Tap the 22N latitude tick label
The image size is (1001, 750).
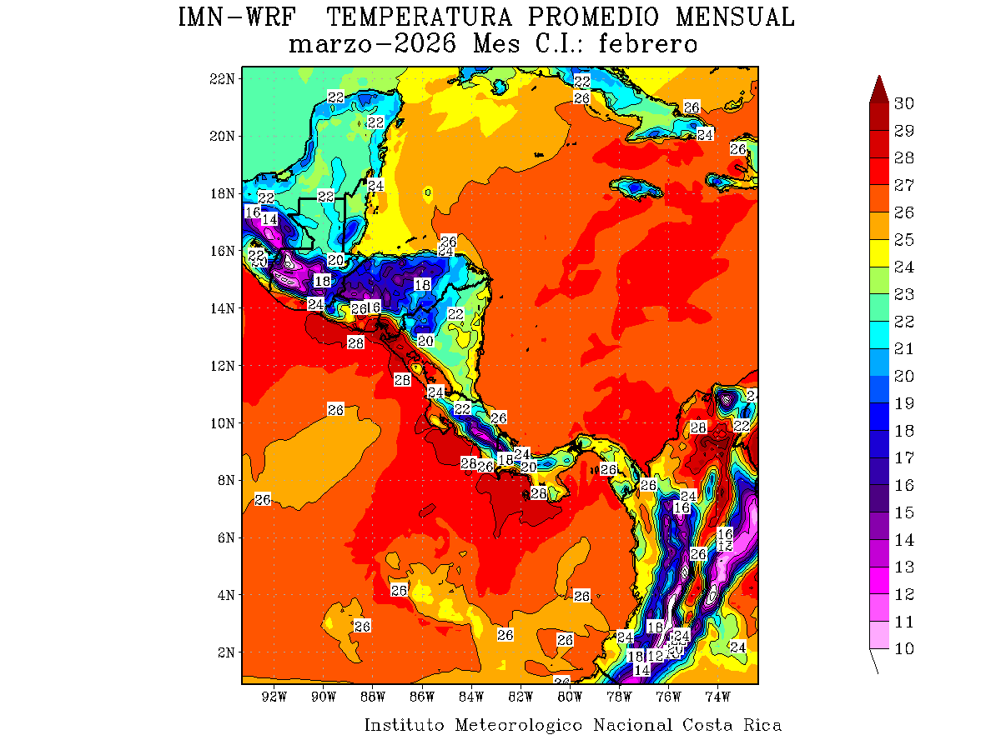[x=222, y=78]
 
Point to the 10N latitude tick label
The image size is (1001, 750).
[x=222, y=422]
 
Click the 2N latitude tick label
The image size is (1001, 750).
[x=225, y=652]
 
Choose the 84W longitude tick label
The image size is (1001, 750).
[x=471, y=696]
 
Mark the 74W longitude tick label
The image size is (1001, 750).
[x=717, y=696]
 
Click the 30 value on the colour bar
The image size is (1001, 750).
[x=904, y=103]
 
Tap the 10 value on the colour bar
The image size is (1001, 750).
[x=904, y=649]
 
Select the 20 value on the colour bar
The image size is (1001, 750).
[x=904, y=376]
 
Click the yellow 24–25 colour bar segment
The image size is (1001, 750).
[x=878, y=253]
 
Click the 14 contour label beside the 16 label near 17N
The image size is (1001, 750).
[x=269, y=219]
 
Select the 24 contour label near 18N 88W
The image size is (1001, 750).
[x=376, y=185]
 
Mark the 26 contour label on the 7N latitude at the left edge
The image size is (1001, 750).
[x=263, y=499]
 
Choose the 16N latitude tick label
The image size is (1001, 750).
[x=222, y=250]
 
